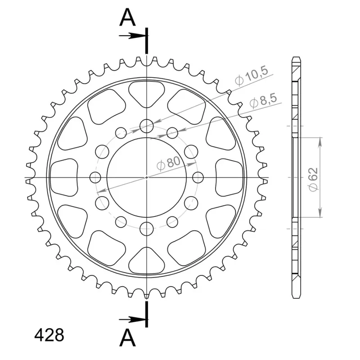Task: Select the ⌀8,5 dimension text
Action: coord(263,100)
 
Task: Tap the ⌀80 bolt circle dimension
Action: coord(168,163)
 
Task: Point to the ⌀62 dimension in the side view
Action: coord(313,179)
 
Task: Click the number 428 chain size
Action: coord(49,335)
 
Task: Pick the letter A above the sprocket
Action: coord(127,18)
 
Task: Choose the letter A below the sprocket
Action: coord(127,339)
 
